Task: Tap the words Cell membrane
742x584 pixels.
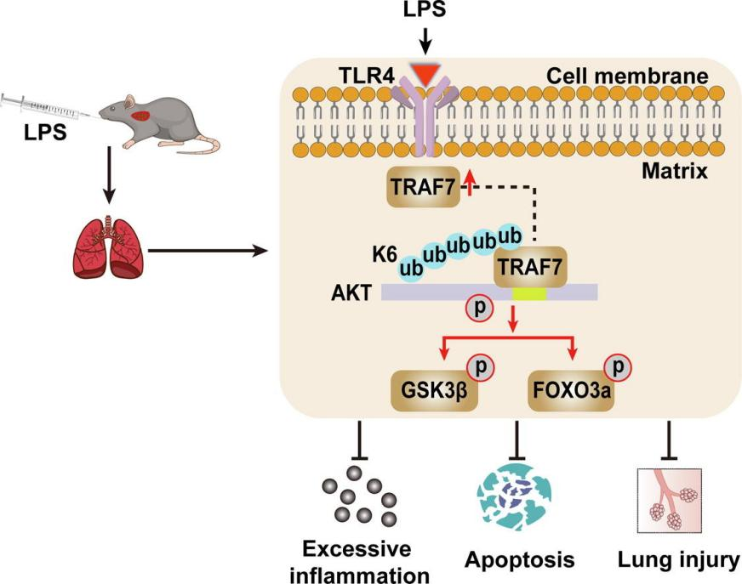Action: pos(628,77)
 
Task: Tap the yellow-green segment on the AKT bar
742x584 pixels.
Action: pos(528,292)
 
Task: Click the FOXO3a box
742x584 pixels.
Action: pos(569,392)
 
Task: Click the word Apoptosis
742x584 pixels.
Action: pos(519,560)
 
